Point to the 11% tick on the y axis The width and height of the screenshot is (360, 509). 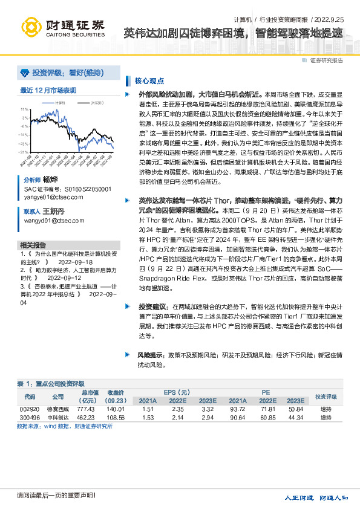[x=25, y=109]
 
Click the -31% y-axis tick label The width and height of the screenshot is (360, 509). [x=24, y=152]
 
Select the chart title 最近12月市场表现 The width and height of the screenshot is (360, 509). [x=48, y=90]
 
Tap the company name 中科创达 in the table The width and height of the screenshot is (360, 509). [x=58, y=417]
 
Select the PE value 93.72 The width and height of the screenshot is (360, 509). [x=221, y=409]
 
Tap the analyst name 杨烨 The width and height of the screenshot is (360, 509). [x=49, y=180]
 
